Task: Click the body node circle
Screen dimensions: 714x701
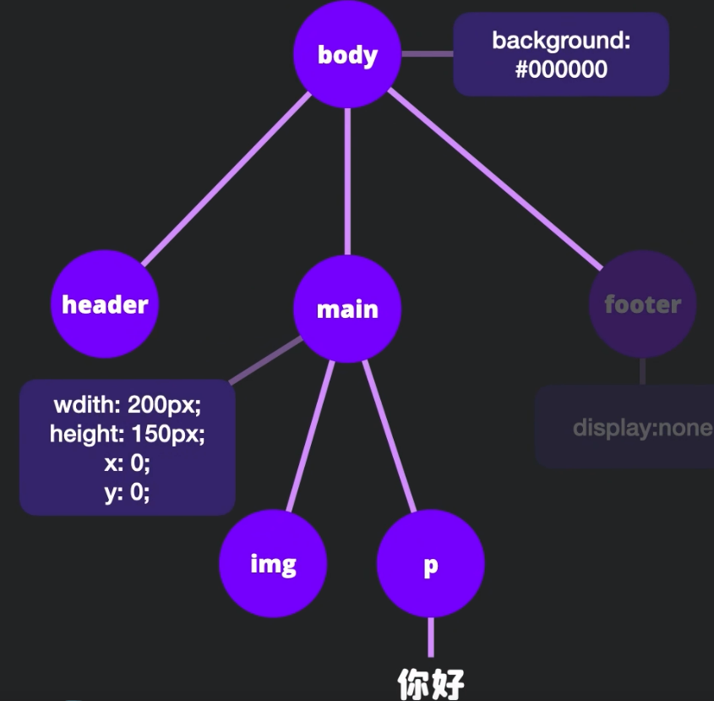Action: [x=347, y=55]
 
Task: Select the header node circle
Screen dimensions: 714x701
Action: [x=105, y=305]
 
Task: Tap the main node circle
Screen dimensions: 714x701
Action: [x=347, y=309]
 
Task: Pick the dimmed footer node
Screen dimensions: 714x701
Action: [x=642, y=305]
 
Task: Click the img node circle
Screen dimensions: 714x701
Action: [x=273, y=564]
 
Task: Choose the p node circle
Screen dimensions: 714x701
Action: [x=430, y=565]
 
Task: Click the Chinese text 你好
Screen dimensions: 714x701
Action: [x=431, y=684]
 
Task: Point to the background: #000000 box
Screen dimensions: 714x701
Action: [x=561, y=54]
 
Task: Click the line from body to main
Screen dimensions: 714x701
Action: [x=347, y=182]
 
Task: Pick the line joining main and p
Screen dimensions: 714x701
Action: [x=389, y=435]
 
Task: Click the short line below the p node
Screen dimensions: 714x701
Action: [x=431, y=637]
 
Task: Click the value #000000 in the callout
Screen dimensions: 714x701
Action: [x=561, y=69]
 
